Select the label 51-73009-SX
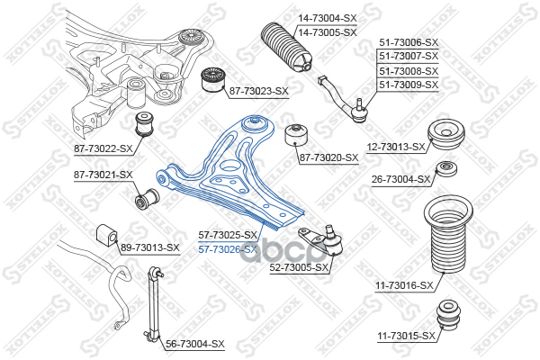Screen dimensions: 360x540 click(x=408, y=85)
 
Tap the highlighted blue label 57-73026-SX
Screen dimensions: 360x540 click(x=228, y=248)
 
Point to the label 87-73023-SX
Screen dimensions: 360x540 click(x=258, y=91)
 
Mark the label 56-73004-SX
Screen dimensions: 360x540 click(x=194, y=344)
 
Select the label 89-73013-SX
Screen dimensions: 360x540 click(x=149, y=247)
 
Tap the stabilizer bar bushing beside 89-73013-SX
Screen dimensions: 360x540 click(x=105, y=237)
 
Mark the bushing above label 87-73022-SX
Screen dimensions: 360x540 click(x=144, y=122)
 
